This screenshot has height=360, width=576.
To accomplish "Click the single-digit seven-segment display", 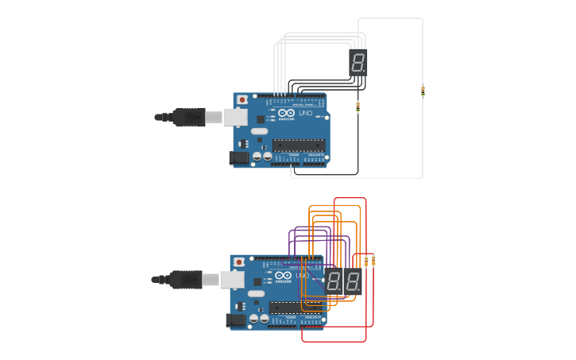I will click(x=358, y=62).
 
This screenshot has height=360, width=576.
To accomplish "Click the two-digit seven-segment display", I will click(x=343, y=281).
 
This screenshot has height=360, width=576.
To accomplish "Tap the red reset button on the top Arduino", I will click(x=242, y=99).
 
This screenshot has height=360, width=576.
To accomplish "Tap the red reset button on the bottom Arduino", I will click(x=239, y=262).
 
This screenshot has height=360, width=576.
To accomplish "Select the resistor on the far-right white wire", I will click(x=423, y=91).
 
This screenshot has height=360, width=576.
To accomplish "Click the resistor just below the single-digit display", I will click(x=358, y=106).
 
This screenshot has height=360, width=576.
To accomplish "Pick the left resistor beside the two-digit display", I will click(x=366, y=261).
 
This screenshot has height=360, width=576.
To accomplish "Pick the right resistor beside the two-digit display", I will click(x=373, y=261).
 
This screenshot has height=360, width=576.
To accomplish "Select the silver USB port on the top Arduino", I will click(x=235, y=118).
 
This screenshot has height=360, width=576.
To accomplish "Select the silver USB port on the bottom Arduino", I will click(x=232, y=280).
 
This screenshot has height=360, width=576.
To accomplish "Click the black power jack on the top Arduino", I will click(x=238, y=158).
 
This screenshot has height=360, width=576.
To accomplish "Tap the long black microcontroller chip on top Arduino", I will click(x=299, y=145).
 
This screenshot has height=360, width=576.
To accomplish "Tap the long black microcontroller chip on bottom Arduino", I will click(x=296, y=308).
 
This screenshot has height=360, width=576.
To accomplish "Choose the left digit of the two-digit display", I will click(x=334, y=281).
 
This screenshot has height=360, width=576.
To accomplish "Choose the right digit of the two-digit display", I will click(x=352, y=281).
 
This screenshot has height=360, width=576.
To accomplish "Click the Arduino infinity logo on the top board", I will click(x=285, y=114).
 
